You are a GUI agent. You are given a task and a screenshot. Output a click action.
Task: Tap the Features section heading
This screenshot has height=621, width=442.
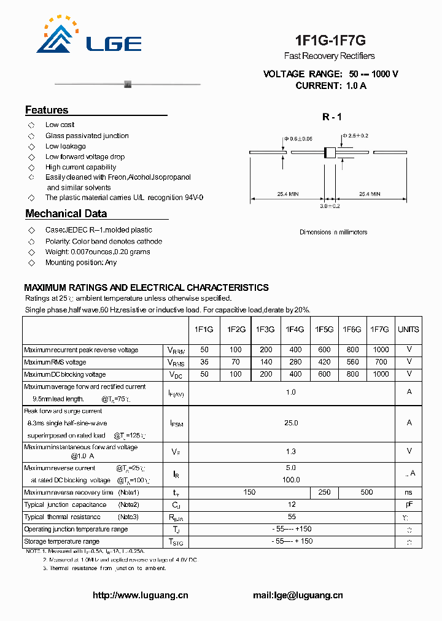tap(47, 110)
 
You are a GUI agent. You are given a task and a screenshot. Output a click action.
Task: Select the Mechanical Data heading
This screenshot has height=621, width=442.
tap(66, 214)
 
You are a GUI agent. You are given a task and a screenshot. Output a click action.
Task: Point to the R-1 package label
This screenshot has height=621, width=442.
tap(331, 117)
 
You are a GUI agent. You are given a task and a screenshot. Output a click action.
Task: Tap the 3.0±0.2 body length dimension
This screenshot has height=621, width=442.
tap(329, 206)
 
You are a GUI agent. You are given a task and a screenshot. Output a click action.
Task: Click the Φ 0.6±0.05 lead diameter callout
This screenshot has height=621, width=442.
tap(298, 139)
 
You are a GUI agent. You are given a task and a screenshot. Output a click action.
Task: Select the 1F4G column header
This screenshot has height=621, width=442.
tap(295, 330)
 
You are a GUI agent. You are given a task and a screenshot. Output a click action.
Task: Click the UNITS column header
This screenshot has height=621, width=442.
tap(408, 330)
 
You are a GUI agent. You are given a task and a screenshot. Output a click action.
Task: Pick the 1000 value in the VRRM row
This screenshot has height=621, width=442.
tap(381, 350)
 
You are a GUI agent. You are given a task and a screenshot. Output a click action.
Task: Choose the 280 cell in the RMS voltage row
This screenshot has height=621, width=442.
tap(295, 362)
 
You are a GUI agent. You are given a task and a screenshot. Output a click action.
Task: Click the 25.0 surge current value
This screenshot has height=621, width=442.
tap(291, 423)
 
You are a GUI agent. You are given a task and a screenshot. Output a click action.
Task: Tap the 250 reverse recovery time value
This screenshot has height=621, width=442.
tap(324, 492)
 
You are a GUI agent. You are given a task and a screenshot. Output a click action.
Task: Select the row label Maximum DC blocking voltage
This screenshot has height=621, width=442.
tap(65, 374)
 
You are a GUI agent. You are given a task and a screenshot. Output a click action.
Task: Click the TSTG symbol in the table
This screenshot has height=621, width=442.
tap(176, 542)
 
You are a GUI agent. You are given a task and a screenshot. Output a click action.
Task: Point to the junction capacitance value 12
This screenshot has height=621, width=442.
tap(291, 504)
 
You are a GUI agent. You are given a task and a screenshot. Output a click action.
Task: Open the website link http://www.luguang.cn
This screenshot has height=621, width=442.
tap(140, 595)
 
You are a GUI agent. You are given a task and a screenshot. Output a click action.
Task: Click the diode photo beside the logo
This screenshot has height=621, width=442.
tap(128, 83)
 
